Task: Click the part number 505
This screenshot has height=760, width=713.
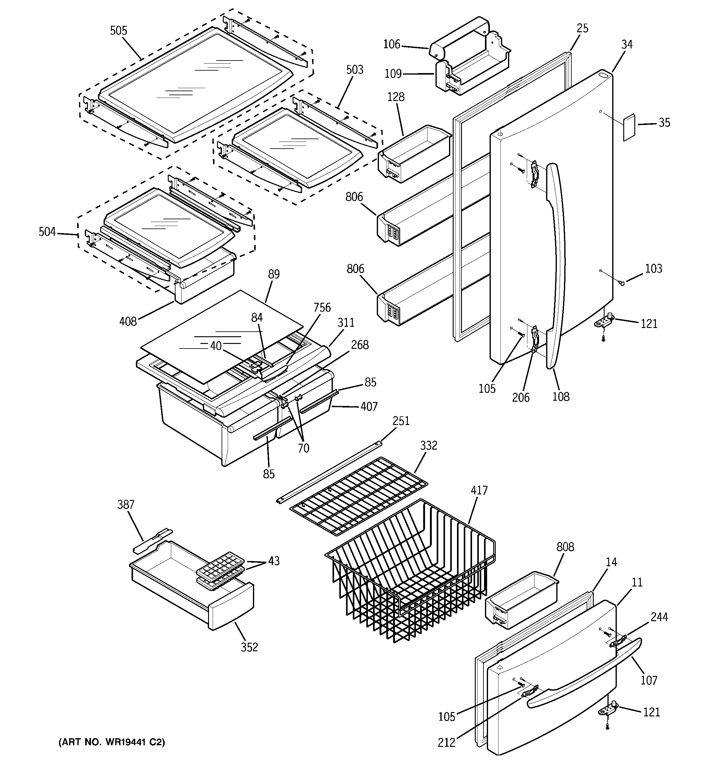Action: coord(118,31)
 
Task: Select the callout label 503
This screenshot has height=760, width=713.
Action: coord(354,70)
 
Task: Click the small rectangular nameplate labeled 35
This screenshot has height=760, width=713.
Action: coord(629,128)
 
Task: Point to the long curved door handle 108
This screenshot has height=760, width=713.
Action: coord(557,264)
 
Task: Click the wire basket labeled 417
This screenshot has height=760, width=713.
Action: coord(409,573)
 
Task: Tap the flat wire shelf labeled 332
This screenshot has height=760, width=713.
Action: coord(358,496)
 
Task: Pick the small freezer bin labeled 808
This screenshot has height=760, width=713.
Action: coord(521,600)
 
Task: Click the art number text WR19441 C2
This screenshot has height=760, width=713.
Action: coord(111,742)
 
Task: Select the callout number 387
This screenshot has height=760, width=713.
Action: coord(125,505)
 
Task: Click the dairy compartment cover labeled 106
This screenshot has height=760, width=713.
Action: coord(459,36)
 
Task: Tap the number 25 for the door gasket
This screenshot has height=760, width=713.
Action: coord(582,28)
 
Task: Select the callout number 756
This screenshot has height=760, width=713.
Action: coord(322,307)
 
